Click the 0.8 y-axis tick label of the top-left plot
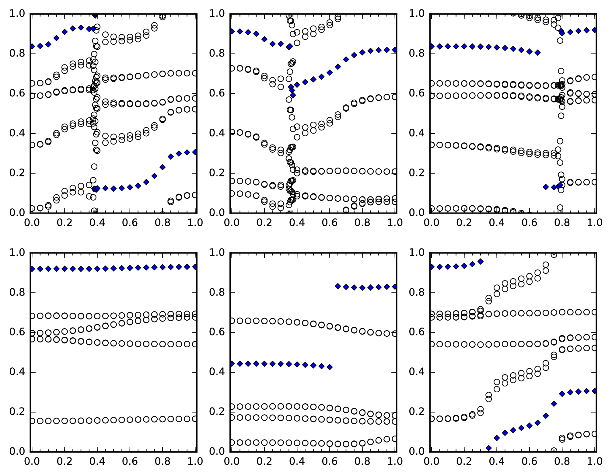pyautogui.click(x=17, y=54)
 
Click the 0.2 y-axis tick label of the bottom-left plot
pyautogui.click(x=17, y=412)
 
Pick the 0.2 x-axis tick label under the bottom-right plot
pyautogui.click(x=464, y=462)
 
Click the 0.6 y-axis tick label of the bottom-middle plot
pyautogui.click(x=217, y=332)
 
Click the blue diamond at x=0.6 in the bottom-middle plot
pyautogui.click(x=330, y=367)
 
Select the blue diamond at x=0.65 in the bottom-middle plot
pyautogui.click(x=338, y=286)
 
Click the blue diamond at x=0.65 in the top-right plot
pyautogui.click(x=538, y=53)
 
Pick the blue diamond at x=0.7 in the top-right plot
pyautogui.click(x=546, y=187)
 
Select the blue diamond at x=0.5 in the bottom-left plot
pyautogui.click(x=114, y=268)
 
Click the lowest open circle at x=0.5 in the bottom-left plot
pyautogui.click(x=114, y=420)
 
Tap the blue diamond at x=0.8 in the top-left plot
pyautogui.click(x=163, y=167)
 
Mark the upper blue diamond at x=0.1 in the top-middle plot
pyautogui.click(x=248, y=32)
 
